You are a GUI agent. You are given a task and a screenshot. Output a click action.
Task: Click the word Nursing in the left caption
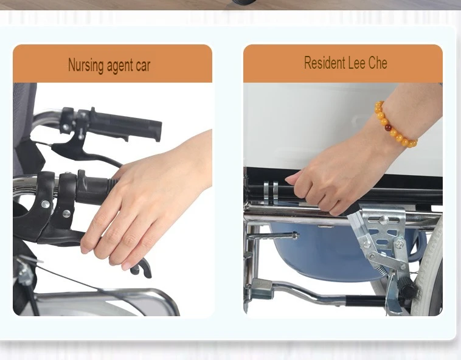coord(86,65)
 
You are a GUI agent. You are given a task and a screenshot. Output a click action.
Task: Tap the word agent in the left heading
coord(120,66)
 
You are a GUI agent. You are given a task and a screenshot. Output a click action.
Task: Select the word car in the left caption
coord(143,66)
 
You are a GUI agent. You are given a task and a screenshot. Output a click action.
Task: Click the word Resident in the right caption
coord(325,63)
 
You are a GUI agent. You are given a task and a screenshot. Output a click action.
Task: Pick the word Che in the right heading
coord(377,63)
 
